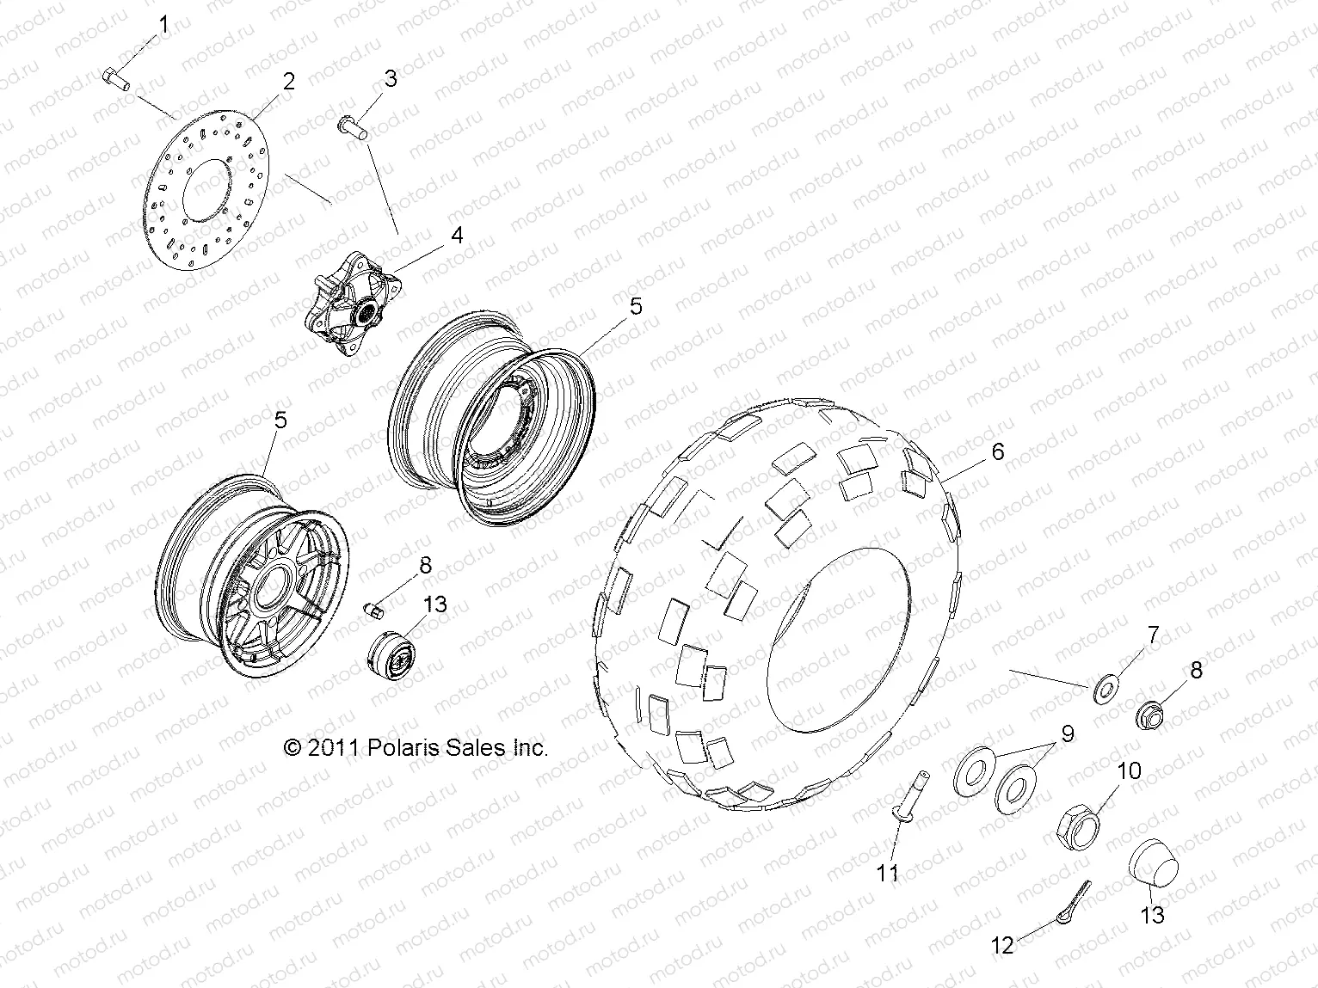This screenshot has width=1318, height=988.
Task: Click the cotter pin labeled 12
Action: coord(1075,903)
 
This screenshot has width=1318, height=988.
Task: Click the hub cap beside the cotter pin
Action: coord(1150,869)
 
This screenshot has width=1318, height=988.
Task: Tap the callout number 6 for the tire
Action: coord(997,451)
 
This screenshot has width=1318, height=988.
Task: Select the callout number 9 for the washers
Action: coord(1067,734)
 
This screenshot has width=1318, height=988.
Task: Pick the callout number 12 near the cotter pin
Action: coord(1003,946)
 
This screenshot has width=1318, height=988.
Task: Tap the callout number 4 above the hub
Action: coord(457,234)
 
